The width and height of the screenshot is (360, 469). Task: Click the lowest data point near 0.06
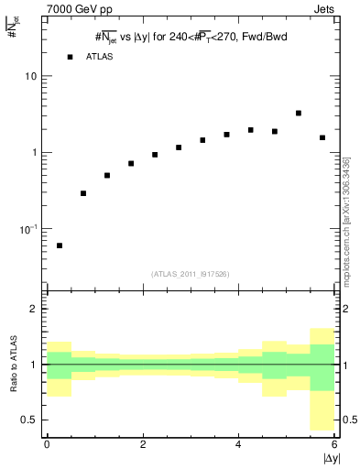point(60,245)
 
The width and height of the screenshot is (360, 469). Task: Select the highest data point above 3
point(299,114)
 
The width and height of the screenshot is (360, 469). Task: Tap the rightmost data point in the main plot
point(322,137)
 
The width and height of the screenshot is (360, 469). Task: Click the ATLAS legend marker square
point(70,57)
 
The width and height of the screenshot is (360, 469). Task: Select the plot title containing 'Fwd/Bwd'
point(191,37)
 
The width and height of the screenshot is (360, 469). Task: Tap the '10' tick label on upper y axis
point(31,76)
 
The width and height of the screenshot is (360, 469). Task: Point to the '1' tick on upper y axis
point(35,152)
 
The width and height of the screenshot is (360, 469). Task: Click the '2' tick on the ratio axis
point(35,310)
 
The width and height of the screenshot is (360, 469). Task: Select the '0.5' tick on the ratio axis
point(30,420)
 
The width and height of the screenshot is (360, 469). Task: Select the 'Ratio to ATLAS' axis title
point(12,364)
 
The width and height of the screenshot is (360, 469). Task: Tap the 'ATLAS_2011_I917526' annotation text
point(191,274)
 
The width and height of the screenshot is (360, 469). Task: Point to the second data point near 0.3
point(83,193)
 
